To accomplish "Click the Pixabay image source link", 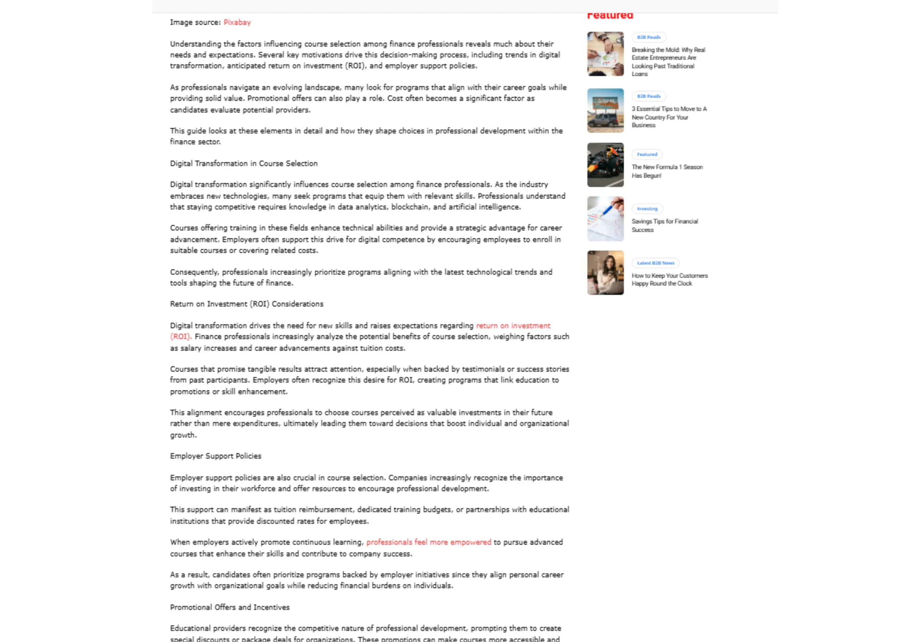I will [237, 23].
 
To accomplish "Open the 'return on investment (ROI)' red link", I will [513, 326].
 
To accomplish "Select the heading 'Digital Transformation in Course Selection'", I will [244, 164].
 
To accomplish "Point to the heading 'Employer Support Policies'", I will [215, 456].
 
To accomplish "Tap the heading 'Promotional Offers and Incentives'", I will [230, 607].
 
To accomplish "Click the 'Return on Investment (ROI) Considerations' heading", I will [246, 304].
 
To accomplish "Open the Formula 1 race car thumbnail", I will [605, 165].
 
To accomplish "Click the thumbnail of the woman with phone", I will [605, 273].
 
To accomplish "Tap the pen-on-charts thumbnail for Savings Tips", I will [605, 219].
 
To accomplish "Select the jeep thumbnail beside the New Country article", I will [605, 111].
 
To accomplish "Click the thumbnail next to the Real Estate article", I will [605, 54].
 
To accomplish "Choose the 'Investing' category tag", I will [647, 209].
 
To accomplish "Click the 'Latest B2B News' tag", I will [655, 263].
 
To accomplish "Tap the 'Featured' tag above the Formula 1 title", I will [647, 155].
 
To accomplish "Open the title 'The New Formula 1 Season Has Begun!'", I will [667, 171].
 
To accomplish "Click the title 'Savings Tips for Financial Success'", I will [665, 225].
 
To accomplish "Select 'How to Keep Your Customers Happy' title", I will [669, 279].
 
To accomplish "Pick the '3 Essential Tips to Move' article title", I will [669, 117].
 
